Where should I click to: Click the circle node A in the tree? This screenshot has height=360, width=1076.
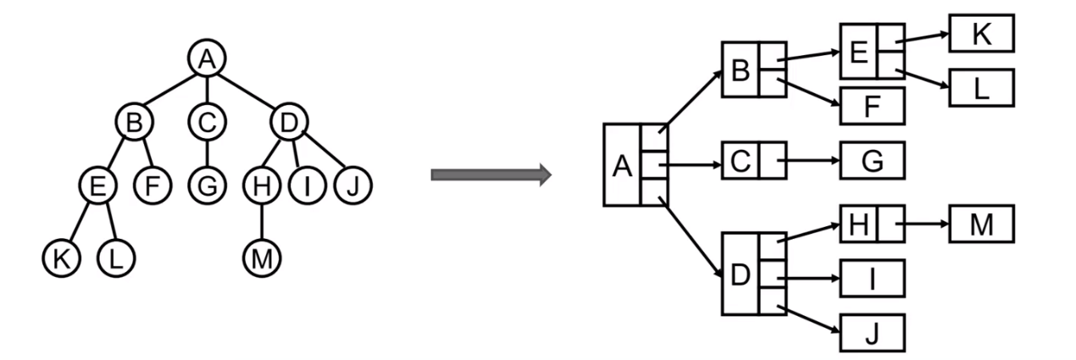(204, 58)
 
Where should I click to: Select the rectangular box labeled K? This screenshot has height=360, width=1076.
(981, 33)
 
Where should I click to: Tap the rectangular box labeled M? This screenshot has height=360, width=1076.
(981, 224)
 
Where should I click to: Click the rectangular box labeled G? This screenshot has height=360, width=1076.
(873, 159)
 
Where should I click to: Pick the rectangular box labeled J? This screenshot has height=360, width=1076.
(873, 333)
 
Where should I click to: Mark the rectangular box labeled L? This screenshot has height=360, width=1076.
(981, 88)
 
